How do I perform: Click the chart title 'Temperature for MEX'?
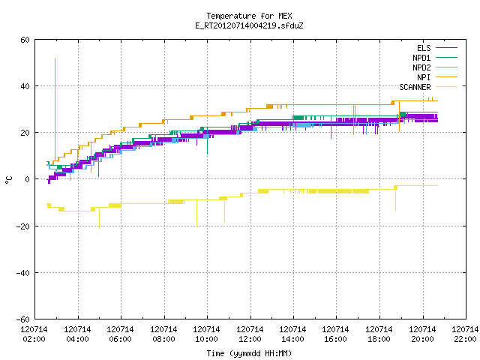pos(249,16)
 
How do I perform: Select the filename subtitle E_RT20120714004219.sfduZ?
pos(249,25)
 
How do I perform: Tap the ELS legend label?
pos(424,48)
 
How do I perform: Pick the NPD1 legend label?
pos(421,58)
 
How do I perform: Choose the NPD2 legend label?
pos(421,67)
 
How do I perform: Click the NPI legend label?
pos(424,77)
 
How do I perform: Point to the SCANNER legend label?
pos(415,87)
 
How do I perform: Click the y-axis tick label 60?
pos(25,40)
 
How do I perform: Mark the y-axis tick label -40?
pos(23,273)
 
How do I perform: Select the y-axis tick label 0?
pos(27,179)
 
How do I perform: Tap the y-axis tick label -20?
pos(23,226)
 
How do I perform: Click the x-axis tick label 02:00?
pos(34,339)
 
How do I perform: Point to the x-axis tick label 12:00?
pos(250,339)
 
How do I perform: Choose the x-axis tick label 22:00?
pos(465,339)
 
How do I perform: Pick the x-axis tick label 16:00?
pos(335,339)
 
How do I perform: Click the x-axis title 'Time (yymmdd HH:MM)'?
pos(249,353)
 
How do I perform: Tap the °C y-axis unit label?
pos(8,180)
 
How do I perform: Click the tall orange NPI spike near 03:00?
pos(55,109)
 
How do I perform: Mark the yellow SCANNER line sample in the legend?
pos(446,87)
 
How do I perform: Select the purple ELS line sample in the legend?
pos(446,48)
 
